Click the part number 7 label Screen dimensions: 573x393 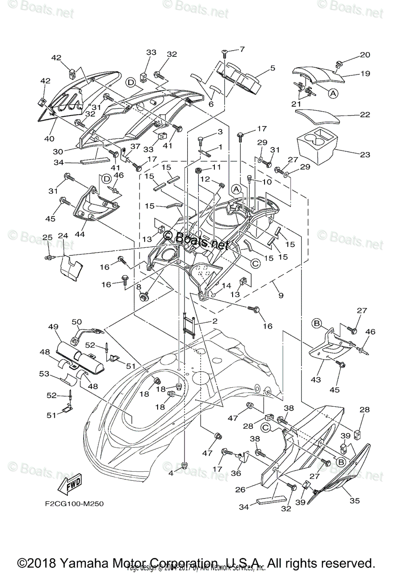pos(242,49)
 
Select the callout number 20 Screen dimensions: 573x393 pos(365,54)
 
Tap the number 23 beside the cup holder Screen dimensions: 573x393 pos(365,154)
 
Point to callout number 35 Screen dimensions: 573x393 pos(354,500)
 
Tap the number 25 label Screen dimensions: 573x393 pos(47,237)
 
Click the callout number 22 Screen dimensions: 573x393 pos(365,115)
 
